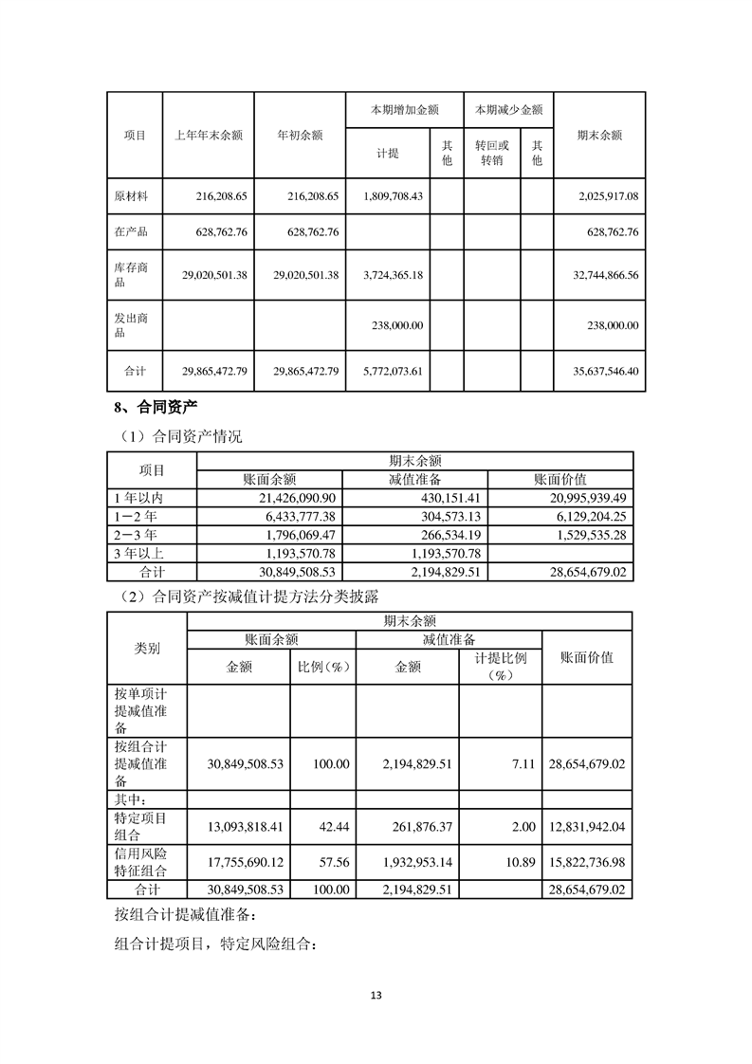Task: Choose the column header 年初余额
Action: [300, 136]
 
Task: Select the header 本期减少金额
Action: [508, 110]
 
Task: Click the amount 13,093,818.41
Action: [245, 827]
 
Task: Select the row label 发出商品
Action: [134, 325]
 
